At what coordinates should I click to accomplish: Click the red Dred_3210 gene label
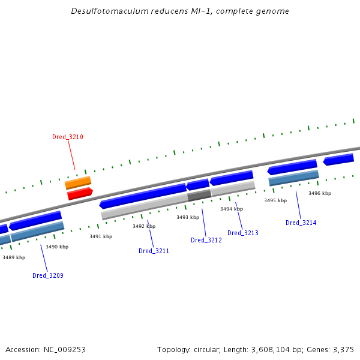point(67,137)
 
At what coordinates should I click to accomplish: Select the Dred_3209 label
point(48,276)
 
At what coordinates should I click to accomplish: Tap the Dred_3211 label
point(154,251)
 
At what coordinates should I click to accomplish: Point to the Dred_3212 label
point(206,241)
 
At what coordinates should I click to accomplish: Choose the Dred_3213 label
point(243,233)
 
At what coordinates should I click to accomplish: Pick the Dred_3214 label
point(301,223)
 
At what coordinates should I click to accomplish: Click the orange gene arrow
point(78,182)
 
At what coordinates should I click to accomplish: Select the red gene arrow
point(80,193)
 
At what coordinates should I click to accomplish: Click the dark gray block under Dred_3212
point(199,195)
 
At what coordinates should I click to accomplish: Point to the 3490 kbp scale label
point(57,247)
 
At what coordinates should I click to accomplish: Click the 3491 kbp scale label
point(101,237)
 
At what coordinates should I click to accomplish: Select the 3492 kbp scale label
point(144,227)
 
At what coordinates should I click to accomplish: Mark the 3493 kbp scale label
point(187,217)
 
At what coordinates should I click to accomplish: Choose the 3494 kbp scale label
point(231,209)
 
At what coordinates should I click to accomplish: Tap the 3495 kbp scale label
point(275,200)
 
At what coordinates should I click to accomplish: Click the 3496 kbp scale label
point(320,193)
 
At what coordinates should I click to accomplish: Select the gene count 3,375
point(343,349)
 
